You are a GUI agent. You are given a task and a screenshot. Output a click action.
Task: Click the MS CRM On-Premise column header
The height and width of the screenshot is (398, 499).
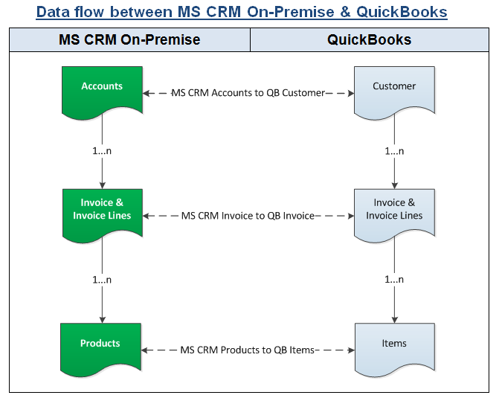pyautogui.click(x=129, y=40)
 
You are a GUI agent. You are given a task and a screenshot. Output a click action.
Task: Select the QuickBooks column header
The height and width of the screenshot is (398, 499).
pyautogui.click(x=369, y=40)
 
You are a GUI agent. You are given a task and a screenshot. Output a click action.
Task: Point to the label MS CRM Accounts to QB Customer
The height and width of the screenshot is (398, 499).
pyautogui.click(x=248, y=93)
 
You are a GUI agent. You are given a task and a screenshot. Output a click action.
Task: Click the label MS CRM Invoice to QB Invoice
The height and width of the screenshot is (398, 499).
pyautogui.click(x=248, y=216)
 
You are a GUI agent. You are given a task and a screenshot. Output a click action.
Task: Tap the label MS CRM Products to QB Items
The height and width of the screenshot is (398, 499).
pyautogui.click(x=248, y=350)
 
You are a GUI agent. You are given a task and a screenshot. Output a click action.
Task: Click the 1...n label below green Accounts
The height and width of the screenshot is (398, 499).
pyautogui.click(x=102, y=151)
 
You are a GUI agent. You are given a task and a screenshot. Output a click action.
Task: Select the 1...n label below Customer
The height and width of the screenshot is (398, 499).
pyautogui.click(x=394, y=151)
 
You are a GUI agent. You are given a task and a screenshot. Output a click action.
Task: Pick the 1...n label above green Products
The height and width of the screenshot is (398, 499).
pyautogui.click(x=102, y=280)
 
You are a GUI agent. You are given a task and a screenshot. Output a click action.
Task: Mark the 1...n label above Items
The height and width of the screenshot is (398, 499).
pyautogui.click(x=394, y=280)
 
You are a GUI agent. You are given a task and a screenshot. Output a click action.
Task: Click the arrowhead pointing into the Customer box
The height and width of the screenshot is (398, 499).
pyautogui.click(x=352, y=93)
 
